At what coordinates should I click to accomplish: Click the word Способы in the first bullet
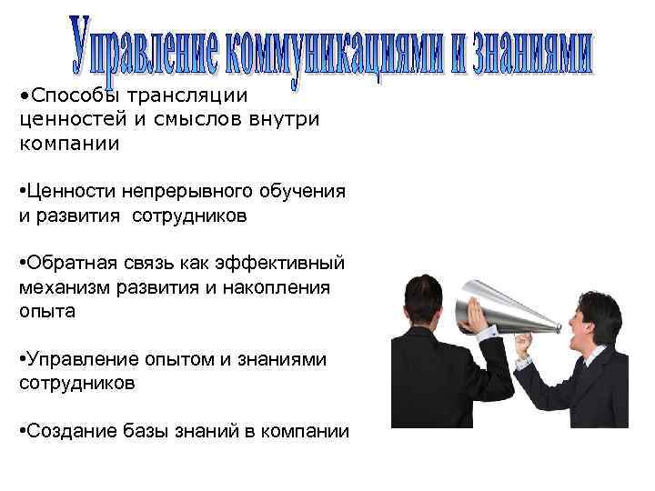65,95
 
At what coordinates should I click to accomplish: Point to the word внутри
283,120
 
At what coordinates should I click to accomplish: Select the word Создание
67,432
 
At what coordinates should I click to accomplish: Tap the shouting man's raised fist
524,345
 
